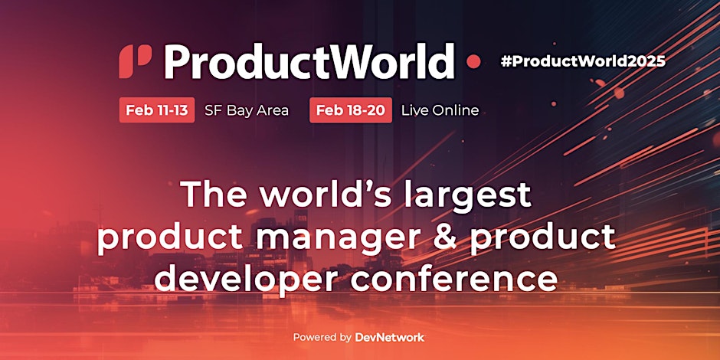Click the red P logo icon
pyautogui.click(x=135, y=61)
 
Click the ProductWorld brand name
pyautogui.click(x=309, y=61)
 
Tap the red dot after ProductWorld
pyautogui.click(x=473, y=61)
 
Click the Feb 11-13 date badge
pyautogui.click(x=156, y=110)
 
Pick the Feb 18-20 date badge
pyautogui.click(x=351, y=110)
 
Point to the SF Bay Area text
pyautogui.click(x=247, y=110)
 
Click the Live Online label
pyautogui.click(x=440, y=110)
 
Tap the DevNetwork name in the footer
pyautogui.click(x=389, y=338)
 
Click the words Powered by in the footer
pyautogui.click(x=322, y=338)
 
